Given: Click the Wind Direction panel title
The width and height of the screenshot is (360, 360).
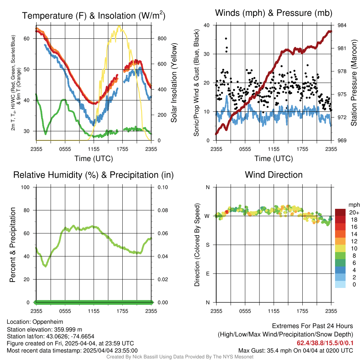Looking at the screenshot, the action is pyautogui.click(x=274, y=175).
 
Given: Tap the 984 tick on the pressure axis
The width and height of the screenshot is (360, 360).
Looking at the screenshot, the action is pyautogui.click(x=342, y=25).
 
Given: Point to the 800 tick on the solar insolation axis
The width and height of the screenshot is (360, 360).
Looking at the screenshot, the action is pyautogui.click(x=162, y=38).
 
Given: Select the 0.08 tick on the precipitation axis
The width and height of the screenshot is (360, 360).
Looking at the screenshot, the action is pyautogui.click(x=162, y=210).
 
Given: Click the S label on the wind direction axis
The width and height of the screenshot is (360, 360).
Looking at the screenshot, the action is pyautogui.click(x=208, y=245).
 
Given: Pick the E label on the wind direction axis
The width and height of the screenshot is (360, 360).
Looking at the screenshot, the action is pyautogui.click(x=208, y=274).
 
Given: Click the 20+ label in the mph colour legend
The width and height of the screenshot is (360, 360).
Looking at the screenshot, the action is pyautogui.click(x=354, y=212).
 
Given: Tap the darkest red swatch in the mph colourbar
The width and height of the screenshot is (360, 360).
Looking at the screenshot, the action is pyautogui.click(x=340, y=212).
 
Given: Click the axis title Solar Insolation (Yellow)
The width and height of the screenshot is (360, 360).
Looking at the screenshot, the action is pyautogui.click(x=174, y=83).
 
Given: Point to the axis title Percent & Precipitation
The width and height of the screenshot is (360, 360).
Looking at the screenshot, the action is pyautogui.click(x=13, y=245).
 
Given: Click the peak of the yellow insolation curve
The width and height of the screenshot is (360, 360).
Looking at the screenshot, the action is pyautogui.click(x=119, y=26).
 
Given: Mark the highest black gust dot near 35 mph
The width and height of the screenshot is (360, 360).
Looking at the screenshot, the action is pyautogui.click(x=226, y=39).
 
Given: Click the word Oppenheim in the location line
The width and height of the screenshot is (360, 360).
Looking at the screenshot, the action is pyautogui.click(x=47, y=322).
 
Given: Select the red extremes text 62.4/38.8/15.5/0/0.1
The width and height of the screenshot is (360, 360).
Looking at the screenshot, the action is pyautogui.click(x=325, y=343).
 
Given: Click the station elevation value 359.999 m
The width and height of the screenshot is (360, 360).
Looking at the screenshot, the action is pyautogui.click(x=68, y=330).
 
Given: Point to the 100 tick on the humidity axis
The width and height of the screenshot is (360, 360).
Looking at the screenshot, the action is pyautogui.click(x=25, y=187).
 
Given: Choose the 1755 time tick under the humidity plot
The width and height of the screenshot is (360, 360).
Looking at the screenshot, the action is pyautogui.click(x=122, y=311).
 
